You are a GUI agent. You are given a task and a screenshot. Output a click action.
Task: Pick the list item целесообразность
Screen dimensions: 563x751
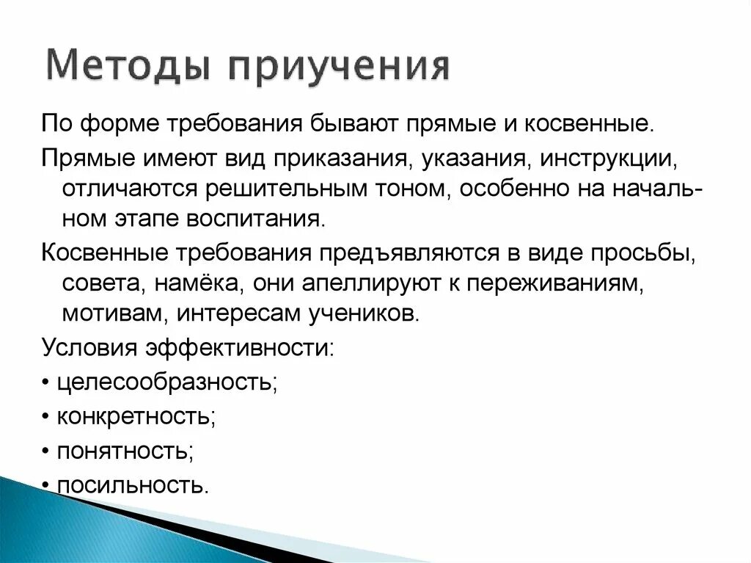[x=164, y=382]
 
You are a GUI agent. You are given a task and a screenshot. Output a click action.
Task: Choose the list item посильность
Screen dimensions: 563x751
[x=131, y=485]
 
